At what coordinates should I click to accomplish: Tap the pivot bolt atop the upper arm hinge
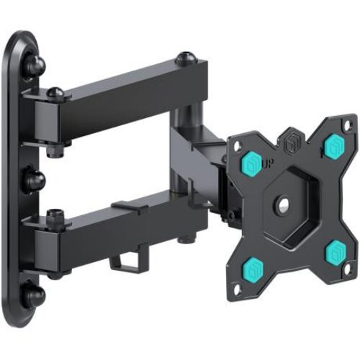tap(55, 92)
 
